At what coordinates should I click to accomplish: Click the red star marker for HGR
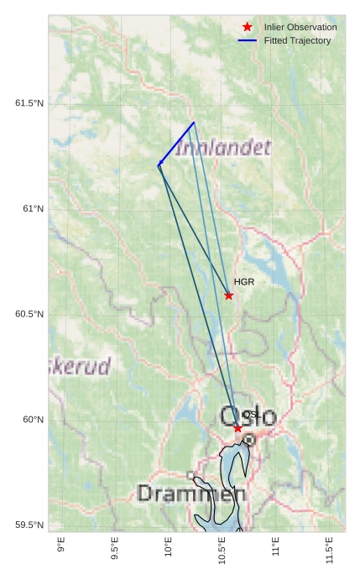click(x=228, y=295)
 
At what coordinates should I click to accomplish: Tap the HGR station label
click(x=243, y=282)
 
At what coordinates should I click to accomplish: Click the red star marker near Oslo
click(x=237, y=428)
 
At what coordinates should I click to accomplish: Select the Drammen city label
click(x=190, y=494)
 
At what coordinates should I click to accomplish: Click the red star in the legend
click(x=247, y=27)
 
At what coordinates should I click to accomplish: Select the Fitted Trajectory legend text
click(x=297, y=40)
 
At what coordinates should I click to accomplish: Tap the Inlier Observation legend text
click(x=300, y=27)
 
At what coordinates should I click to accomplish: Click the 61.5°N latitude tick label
click(x=29, y=103)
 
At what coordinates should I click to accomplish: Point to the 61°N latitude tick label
click(x=33, y=208)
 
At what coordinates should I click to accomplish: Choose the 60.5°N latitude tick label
click(x=29, y=314)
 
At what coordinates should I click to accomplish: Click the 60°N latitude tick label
click(x=33, y=420)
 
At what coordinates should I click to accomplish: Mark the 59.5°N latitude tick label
click(x=29, y=525)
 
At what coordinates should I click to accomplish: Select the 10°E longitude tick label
click(x=168, y=549)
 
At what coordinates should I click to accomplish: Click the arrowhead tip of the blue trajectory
click(x=158, y=166)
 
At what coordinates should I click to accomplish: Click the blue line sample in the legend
click(x=247, y=40)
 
